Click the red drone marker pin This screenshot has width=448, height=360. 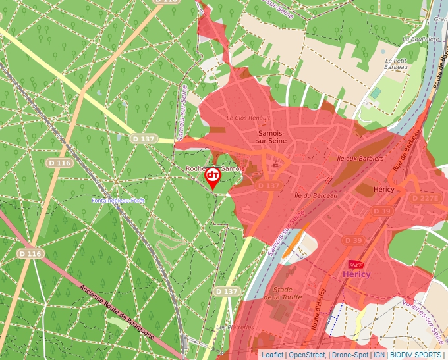213,177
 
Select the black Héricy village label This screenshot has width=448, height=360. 383,189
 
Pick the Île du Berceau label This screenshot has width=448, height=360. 316,195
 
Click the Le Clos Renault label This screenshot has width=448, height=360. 248,118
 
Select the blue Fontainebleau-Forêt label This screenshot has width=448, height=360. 118,200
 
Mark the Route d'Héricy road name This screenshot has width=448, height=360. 317,309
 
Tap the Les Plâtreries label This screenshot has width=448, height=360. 235,327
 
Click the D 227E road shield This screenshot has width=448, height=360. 424,198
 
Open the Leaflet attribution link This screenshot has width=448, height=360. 272,355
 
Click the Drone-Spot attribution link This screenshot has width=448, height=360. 350,355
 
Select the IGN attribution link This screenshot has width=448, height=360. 379,355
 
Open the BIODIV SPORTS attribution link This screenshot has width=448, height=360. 416,355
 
